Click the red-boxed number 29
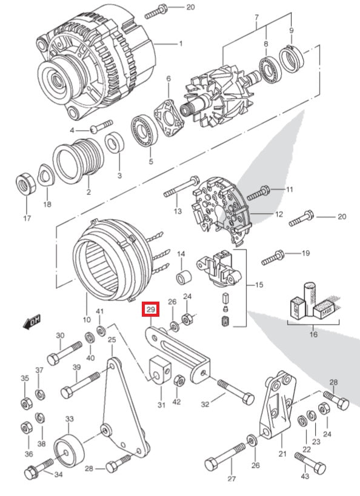click(x=150, y=309)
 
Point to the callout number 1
click(x=180, y=44)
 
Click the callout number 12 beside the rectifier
click(x=279, y=214)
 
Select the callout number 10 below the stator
click(x=87, y=319)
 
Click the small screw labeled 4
click(x=101, y=127)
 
